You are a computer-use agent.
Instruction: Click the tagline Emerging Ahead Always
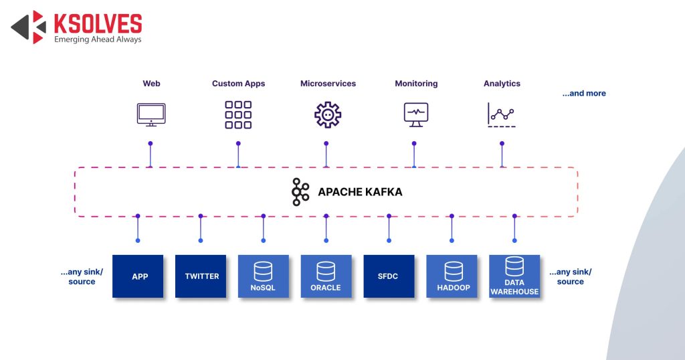(98, 39)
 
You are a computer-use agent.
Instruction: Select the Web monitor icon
(151, 114)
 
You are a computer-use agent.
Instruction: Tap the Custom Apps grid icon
(238, 114)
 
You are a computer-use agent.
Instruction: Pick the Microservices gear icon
(328, 114)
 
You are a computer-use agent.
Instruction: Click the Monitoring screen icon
(416, 114)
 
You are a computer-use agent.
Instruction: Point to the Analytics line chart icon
(502, 115)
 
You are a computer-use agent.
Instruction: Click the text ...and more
(584, 94)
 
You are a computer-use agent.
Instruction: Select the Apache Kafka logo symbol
(300, 192)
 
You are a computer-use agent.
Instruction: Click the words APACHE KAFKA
(360, 192)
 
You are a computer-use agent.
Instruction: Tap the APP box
(140, 276)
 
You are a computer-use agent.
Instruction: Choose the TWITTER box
(201, 276)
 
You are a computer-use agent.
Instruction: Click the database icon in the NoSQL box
(263, 271)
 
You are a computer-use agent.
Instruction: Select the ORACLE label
(326, 288)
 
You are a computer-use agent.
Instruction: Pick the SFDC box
(389, 276)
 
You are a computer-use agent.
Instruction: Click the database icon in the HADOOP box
(453, 271)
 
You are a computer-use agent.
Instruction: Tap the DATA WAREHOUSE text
(514, 287)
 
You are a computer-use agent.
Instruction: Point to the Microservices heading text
(328, 84)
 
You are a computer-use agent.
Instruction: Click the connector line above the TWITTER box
(201, 228)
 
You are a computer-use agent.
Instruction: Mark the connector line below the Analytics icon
(502, 155)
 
